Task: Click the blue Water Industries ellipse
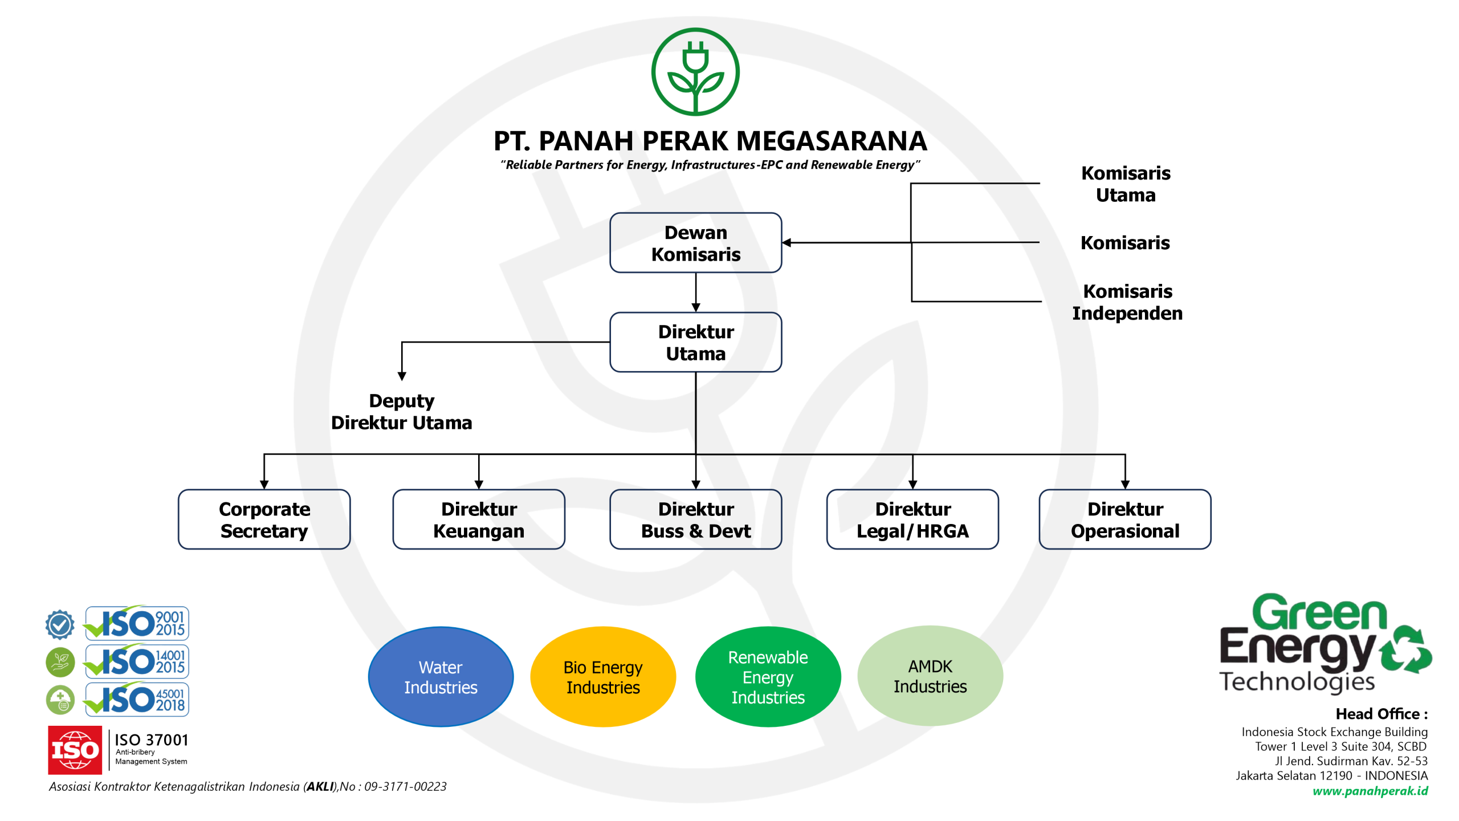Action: pyautogui.click(x=441, y=677)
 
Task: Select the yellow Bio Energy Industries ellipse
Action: pyautogui.click(x=603, y=677)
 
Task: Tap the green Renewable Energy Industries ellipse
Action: pyautogui.click(x=768, y=677)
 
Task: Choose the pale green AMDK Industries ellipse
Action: pyautogui.click(x=930, y=676)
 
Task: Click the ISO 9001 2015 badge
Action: pyautogui.click(x=137, y=623)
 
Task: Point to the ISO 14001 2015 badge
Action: pyautogui.click(x=137, y=661)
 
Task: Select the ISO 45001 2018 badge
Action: pyautogui.click(x=137, y=699)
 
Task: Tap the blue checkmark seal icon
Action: pyautogui.click(x=60, y=624)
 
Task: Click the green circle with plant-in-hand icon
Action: pyautogui.click(x=60, y=662)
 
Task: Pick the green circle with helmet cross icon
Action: pyautogui.click(x=60, y=700)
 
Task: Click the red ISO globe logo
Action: pyautogui.click(x=75, y=750)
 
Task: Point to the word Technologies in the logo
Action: pyautogui.click(x=1297, y=682)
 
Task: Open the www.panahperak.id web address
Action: pyautogui.click(x=1370, y=791)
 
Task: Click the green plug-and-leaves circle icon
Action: pyautogui.click(x=695, y=72)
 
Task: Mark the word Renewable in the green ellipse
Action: pyautogui.click(x=768, y=657)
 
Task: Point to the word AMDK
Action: pyautogui.click(x=930, y=666)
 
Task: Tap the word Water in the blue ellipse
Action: pyautogui.click(x=441, y=668)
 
